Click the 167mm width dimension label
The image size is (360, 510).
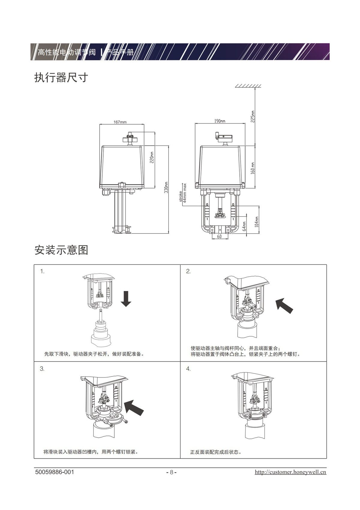(x=120, y=122)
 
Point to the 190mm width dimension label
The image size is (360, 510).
(x=220, y=121)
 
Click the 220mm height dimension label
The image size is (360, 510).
(x=152, y=157)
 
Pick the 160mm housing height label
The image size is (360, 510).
(x=253, y=168)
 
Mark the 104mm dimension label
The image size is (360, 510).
(x=257, y=222)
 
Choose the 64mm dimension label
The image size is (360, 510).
(x=244, y=226)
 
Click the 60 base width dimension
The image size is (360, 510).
(x=219, y=237)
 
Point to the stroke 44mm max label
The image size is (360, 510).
(x=183, y=193)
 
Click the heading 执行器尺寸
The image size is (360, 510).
(x=61, y=78)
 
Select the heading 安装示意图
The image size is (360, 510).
(x=61, y=250)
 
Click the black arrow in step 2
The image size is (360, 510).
(x=284, y=305)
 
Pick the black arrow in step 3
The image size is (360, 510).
(x=134, y=407)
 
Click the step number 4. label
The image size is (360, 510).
(x=188, y=369)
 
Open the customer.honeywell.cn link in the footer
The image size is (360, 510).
(x=290, y=472)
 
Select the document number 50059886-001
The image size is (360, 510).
(x=55, y=472)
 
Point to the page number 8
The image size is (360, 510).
(x=171, y=472)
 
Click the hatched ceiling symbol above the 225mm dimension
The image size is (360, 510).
(x=248, y=86)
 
